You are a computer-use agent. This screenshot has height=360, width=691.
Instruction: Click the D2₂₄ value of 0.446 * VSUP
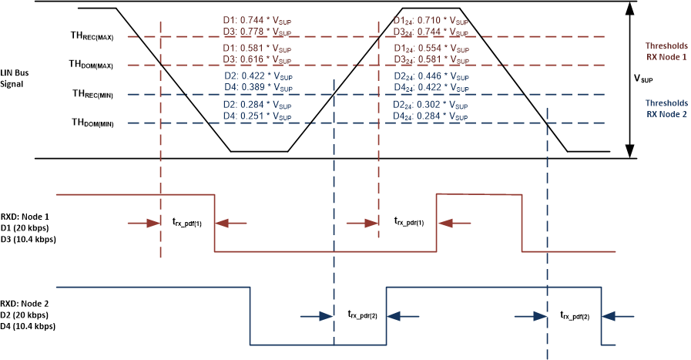(x=431, y=77)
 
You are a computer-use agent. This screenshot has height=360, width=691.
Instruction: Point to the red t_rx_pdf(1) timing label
(x=187, y=222)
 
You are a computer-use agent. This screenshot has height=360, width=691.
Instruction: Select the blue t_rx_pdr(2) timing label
(x=361, y=315)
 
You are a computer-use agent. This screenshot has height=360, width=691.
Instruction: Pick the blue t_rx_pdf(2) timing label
(x=576, y=315)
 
